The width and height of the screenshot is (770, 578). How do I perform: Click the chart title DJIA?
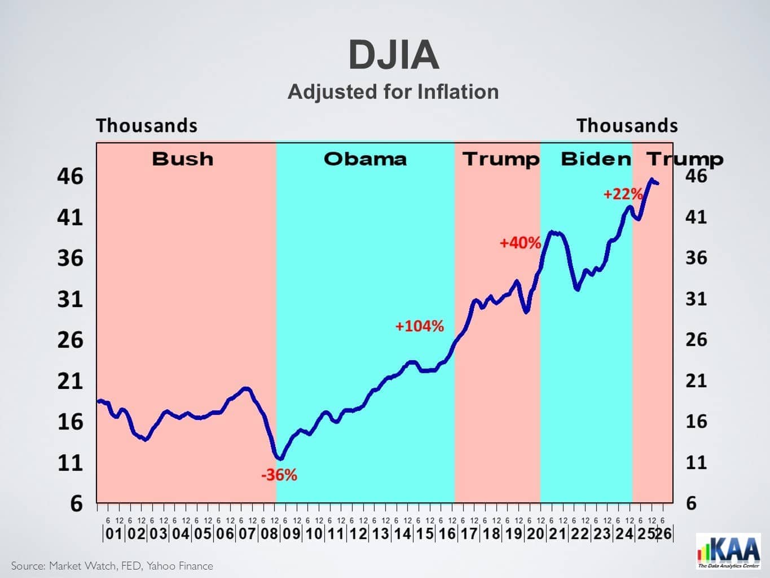pos(393,55)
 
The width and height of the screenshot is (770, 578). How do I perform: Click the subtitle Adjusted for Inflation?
pos(393,91)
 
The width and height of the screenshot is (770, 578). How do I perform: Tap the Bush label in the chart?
pos(183,159)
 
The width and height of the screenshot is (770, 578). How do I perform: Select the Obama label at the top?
pos(365,159)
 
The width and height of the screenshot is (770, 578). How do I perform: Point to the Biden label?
pos(596,159)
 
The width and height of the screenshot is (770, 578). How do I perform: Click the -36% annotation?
pos(279,475)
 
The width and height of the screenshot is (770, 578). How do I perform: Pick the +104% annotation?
pos(419,326)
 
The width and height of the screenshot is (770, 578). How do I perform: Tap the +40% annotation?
pos(520,243)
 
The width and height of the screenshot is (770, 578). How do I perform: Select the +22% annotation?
pos(623,194)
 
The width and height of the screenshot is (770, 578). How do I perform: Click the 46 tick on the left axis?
pos(70,176)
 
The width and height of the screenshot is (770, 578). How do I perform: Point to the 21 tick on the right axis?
pos(696,380)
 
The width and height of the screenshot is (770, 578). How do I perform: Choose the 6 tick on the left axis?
pos(76,503)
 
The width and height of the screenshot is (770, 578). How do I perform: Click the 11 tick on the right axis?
pos(696,462)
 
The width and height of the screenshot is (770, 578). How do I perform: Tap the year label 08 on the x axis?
pos(270,533)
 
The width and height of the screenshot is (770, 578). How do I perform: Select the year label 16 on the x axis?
pos(447,533)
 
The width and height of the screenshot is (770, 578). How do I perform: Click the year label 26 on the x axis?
pos(664,533)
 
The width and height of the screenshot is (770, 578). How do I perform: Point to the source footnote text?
pos(112,566)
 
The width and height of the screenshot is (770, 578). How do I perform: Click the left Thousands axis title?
pos(147,125)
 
